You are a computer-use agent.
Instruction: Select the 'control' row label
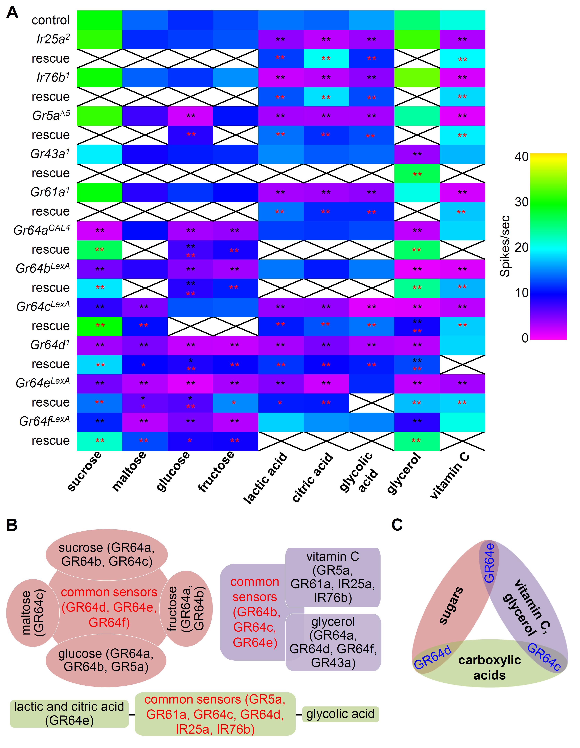pos(51,20)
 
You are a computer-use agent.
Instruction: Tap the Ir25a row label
pos(53,39)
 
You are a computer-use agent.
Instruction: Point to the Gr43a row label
pos(50,154)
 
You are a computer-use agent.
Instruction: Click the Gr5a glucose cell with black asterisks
pos(190,116)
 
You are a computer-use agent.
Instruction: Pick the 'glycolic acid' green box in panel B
pos(340,714)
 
